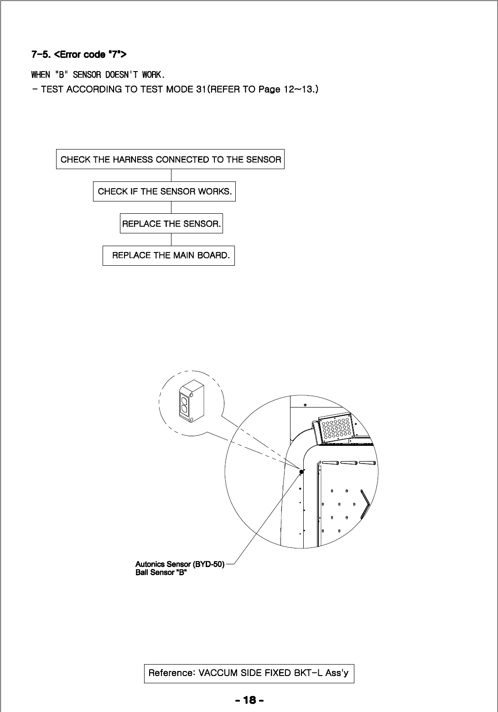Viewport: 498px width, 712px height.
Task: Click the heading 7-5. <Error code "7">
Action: (x=78, y=55)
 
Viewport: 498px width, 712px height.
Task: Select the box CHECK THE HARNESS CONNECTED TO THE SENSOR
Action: (x=170, y=160)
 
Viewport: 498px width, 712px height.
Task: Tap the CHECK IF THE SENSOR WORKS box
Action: (x=164, y=191)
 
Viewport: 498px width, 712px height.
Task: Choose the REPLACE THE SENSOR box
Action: (x=171, y=224)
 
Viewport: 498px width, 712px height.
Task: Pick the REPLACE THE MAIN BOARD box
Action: (x=169, y=255)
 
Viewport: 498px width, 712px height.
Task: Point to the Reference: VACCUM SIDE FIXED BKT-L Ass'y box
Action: (x=249, y=673)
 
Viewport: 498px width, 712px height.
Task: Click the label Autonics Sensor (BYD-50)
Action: (x=180, y=564)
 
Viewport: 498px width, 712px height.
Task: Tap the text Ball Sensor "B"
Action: (x=161, y=573)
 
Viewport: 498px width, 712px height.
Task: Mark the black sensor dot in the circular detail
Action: (x=301, y=472)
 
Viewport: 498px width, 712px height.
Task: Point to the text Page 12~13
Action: (x=285, y=89)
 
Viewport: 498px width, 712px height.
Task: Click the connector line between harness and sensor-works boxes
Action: (x=171, y=175)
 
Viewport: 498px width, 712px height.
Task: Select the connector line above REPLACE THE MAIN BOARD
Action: (x=171, y=239)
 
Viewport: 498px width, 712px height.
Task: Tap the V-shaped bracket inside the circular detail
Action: (x=365, y=504)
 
